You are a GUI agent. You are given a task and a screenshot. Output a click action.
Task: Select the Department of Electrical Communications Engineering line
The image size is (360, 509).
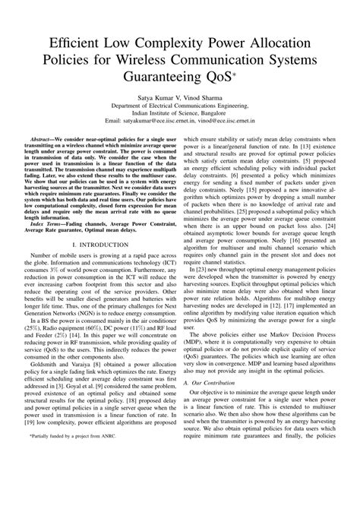pyautogui.click(x=180, y=106)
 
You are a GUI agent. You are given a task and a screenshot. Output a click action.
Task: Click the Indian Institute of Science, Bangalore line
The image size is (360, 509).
pyautogui.click(x=180, y=113)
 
